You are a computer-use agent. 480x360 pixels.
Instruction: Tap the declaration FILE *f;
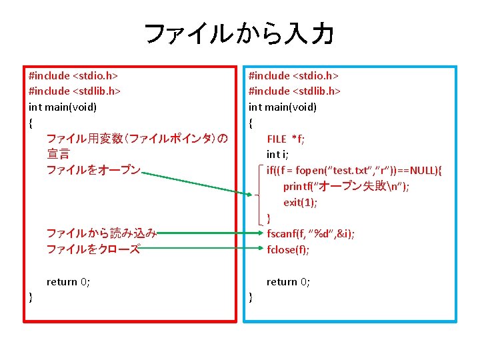[x=286, y=139]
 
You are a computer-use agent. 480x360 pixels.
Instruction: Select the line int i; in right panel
[x=277, y=155]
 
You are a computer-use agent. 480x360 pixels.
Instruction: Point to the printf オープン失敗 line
[x=346, y=186]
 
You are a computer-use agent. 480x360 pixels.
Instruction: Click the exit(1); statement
[x=300, y=202]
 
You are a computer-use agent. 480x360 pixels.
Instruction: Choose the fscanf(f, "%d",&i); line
[x=311, y=233]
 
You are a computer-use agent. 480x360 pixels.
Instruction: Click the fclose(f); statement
[x=288, y=249]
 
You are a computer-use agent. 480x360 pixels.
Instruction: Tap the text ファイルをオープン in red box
[x=93, y=171]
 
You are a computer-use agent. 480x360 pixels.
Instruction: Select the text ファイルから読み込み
[x=101, y=233]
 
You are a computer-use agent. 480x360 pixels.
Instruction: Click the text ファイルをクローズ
[x=93, y=249]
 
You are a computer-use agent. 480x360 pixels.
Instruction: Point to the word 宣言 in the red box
[x=58, y=155]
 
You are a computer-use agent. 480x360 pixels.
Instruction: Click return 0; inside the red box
[x=68, y=281]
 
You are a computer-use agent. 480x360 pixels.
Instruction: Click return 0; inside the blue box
[x=288, y=281]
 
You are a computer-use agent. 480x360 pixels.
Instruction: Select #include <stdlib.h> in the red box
[x=75, y=91]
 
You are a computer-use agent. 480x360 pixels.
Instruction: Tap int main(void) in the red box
[x=63, y=107]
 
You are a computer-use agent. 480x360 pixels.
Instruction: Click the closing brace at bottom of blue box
[x=251, y=297]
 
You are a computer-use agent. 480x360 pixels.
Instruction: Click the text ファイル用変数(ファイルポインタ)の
[x=137, y=139]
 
